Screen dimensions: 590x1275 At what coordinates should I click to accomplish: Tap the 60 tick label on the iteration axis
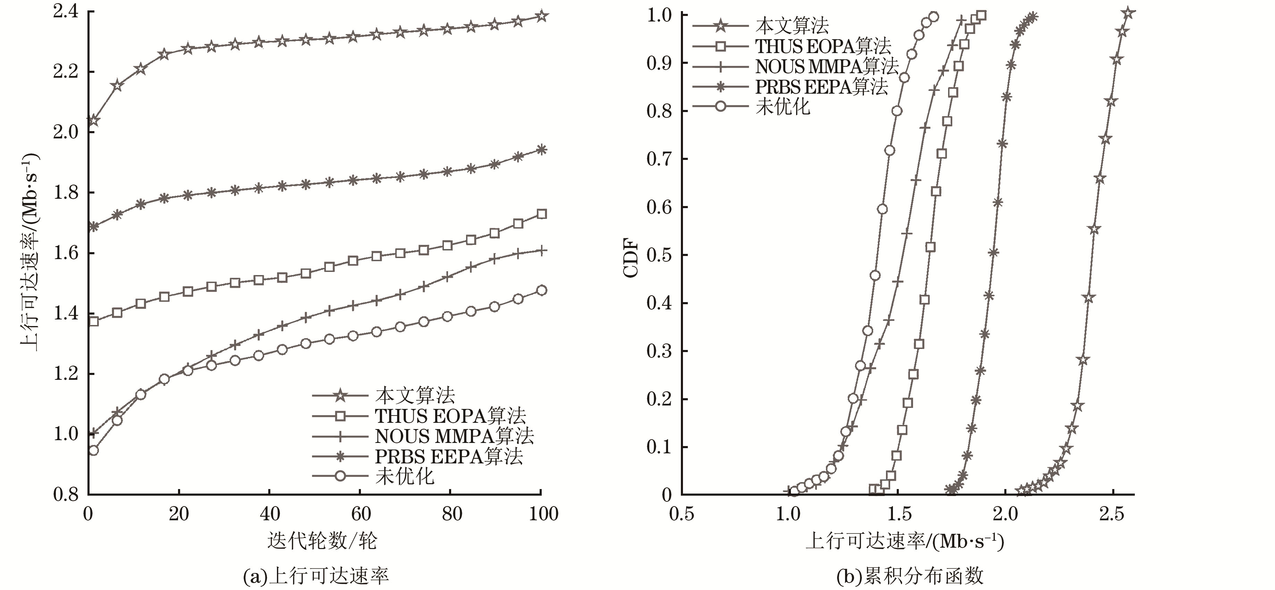pyautogui.click(x=361, y=514)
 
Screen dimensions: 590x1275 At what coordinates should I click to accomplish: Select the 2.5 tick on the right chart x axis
pyautogui.click(x=1112, y=514)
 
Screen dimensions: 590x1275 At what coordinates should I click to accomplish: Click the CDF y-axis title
pyautogui.click(x=631, y=258)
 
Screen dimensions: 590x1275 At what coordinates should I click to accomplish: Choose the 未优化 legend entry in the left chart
pyautogui.click(x=404, y=476)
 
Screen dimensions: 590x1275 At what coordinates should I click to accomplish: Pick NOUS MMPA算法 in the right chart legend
pyautogui.click(x=826, y=66)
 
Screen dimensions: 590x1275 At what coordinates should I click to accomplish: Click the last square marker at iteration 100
pyautogui.click(x=541, y=214)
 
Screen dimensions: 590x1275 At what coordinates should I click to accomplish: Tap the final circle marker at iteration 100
pyautogui.click(x=541, y=290)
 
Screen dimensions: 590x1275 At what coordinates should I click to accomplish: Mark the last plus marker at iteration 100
pyautogui.click(x=541, y=250)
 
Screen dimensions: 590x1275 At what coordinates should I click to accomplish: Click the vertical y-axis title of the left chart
pyautogui.click(x=30, y=252)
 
